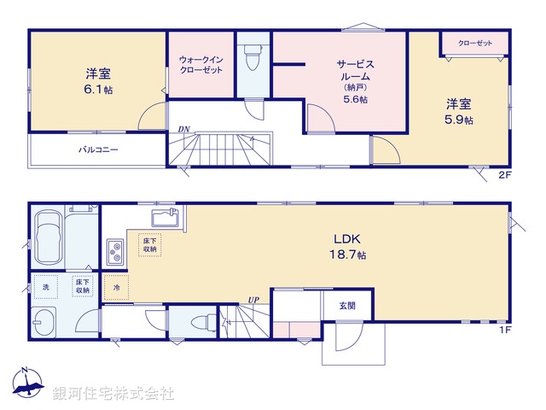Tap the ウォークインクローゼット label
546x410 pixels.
pyautogui.click(x=200, y=64)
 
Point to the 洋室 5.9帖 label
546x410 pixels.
pyautogui.click(x=459, y=112)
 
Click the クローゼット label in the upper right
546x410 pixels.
pyautogui.click(x=474, y=43)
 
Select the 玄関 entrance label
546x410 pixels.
pyautogui.click(x=346, y=305)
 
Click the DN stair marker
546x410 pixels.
pyautogui.click(x=184, y=130)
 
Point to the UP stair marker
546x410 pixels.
pyautogui.click(x=253, y=300)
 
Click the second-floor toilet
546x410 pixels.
pyautogui.click(x=252, y=59)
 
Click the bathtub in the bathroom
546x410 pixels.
pyautogui.click(x=49, y=239)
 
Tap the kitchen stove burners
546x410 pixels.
pyautogui.click(x=115, y=251)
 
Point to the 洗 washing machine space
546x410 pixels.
pyautogui.click(x=47, y=286)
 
